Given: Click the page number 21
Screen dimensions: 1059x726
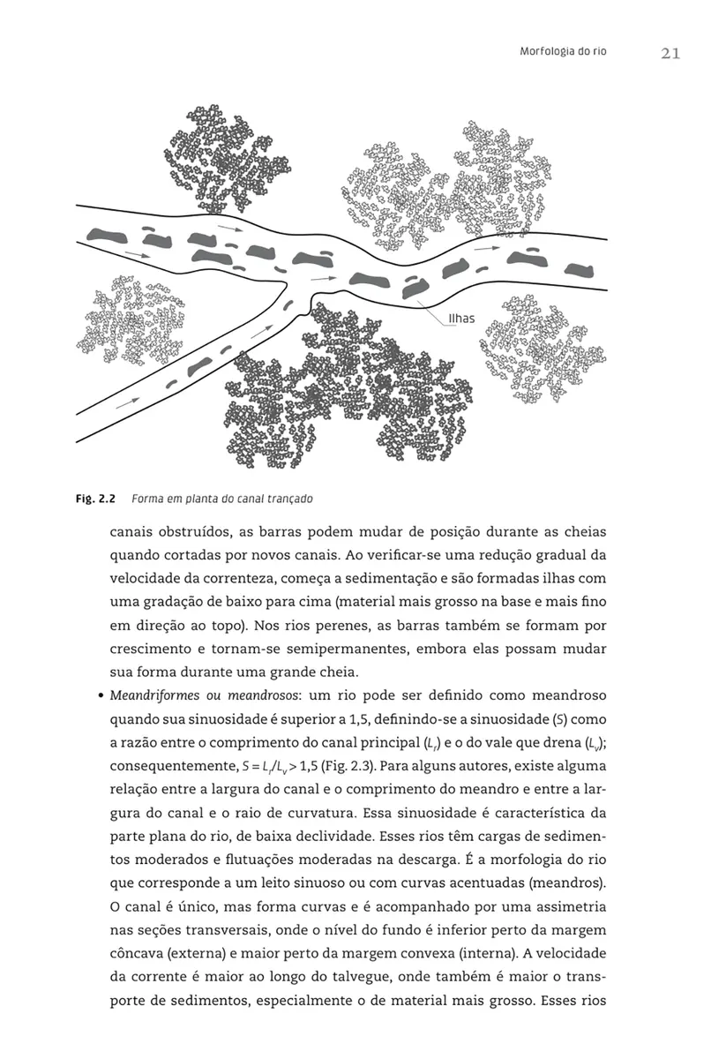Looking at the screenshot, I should pos(670,54).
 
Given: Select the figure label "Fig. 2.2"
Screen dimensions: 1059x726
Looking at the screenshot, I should pos(97,499).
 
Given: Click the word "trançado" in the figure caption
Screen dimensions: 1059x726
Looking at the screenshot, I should pos(287,499).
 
